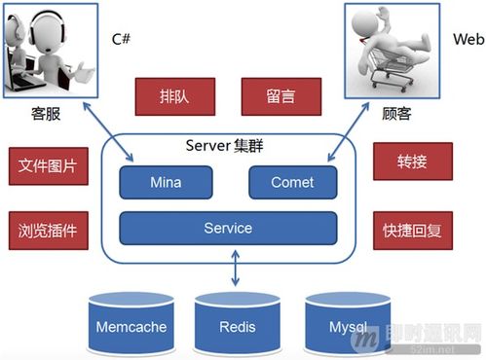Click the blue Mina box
tap(166, 182)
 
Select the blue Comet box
tap(292, 182)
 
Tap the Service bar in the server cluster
tap(228, 229)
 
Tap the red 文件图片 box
tap(48, 166)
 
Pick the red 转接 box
tap(412, 161)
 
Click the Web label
tap(466, 40)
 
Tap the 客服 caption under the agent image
tap(46, 114)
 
